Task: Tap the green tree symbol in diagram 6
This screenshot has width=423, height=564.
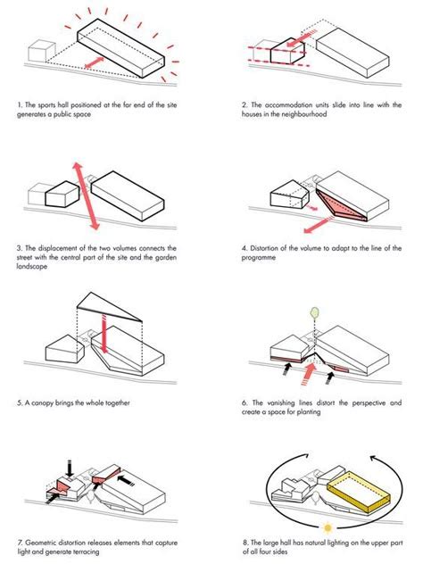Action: [x=314, y=312]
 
